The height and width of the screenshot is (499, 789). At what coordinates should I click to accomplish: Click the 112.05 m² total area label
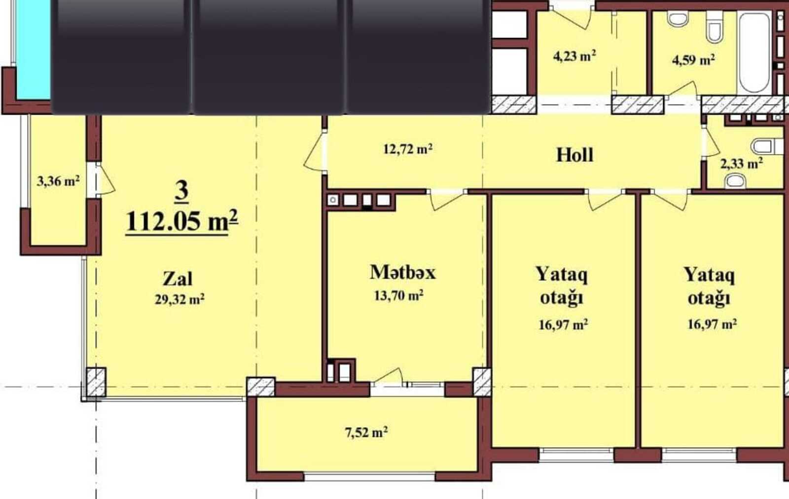point(182,221)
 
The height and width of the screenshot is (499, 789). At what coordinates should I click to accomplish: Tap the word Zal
point(178,279)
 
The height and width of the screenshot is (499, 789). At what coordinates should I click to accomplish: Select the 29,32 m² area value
point(179,300)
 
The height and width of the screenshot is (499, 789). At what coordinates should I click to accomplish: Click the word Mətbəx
point(402,272)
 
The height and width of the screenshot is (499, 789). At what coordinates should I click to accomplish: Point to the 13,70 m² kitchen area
point(399,295)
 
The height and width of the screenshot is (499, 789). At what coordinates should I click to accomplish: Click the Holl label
point(575,155)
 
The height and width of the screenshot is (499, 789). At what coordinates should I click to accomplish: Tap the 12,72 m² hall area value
point(408,149)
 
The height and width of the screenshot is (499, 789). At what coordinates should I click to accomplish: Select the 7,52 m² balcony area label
point(366,432)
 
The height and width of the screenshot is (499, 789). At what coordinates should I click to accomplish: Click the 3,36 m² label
point(58,181)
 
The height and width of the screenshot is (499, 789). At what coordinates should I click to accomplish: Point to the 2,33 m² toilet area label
point(742,164)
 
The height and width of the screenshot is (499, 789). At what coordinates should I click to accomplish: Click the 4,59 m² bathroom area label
point(693,60)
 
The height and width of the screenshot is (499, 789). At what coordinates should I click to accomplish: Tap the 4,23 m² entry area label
point(574,56)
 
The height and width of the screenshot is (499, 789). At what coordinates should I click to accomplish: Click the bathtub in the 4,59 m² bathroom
point(753,52)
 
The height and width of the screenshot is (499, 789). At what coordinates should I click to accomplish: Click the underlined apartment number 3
point(182,192)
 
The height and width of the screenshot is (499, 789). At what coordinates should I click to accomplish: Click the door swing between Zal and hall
point(314,152)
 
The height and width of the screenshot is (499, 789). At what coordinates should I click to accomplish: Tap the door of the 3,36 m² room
point(106,179)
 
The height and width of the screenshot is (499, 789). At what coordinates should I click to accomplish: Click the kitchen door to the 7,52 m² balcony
point(388,376)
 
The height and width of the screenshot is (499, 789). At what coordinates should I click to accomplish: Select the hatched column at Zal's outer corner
point(96,383)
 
